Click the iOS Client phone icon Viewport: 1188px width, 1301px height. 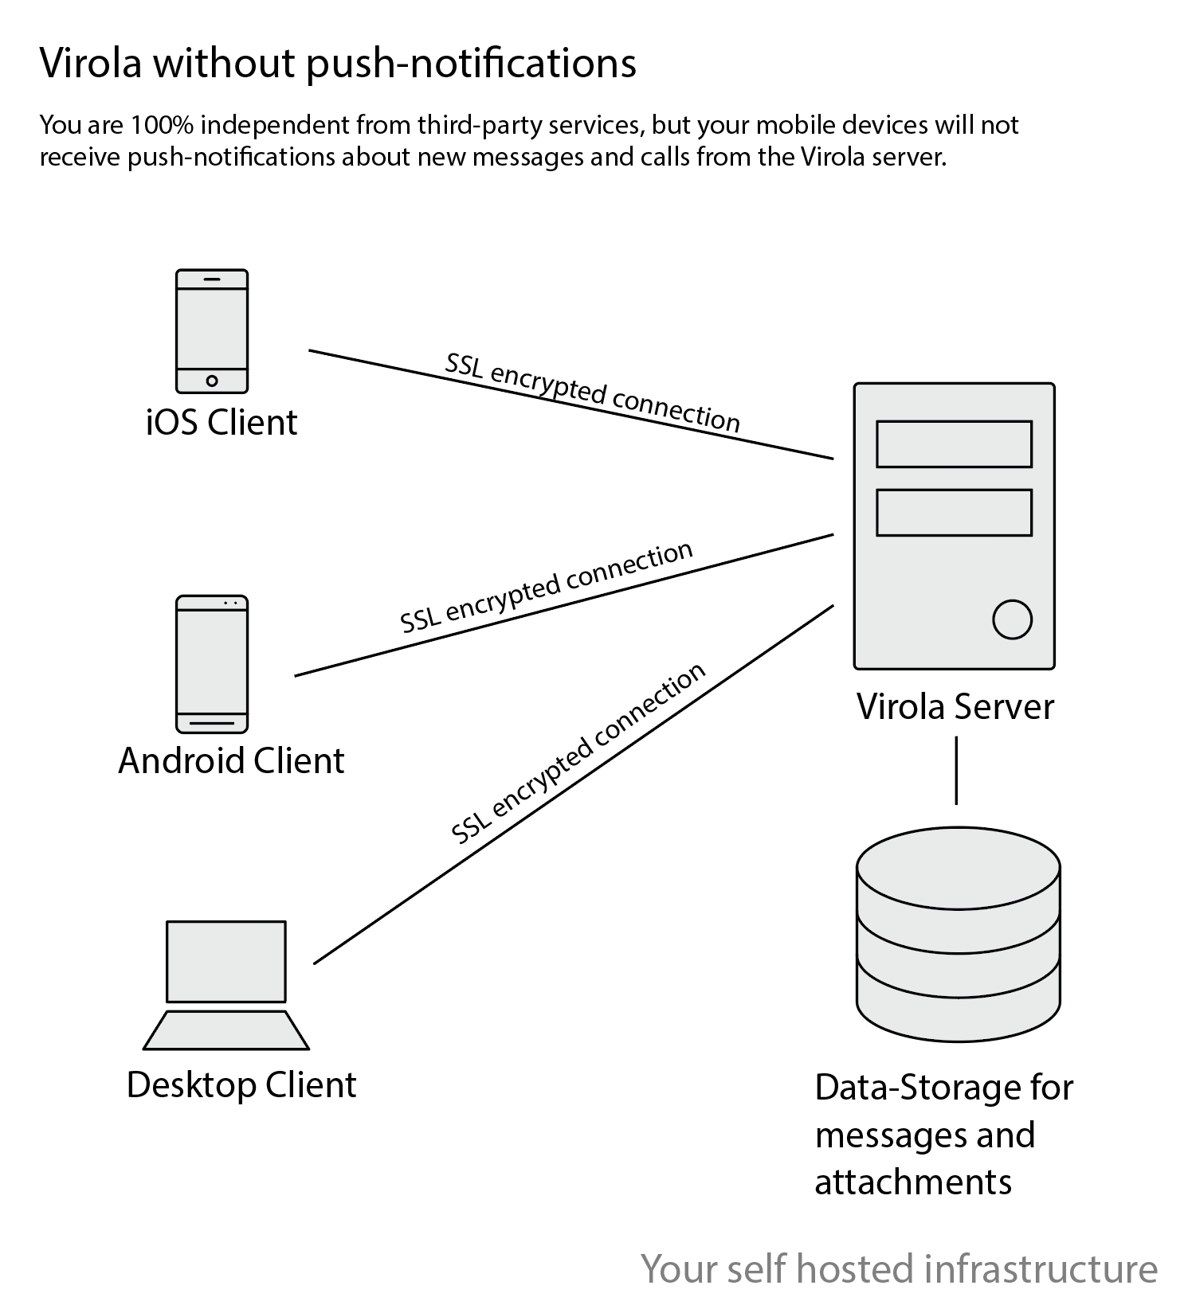tap(211, 330)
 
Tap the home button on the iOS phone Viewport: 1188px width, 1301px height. tap(212, 381)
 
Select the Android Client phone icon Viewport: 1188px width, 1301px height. tap(211, 663)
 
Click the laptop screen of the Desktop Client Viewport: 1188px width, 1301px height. tap(225, 961)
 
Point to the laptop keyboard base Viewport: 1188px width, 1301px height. tap(225, 1030)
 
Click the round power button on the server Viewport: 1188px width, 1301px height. tap(1012, 619)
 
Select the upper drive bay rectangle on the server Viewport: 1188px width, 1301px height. tap(954, 444)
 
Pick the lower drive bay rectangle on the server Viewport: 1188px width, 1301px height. tap(954, 512)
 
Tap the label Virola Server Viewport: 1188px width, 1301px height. tap(955, 707)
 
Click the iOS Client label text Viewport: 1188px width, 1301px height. tap(222, 422)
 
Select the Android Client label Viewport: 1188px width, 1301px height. tap(231, 761)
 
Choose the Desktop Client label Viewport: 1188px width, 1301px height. tap(241, 1085)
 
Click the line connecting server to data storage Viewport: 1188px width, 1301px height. tap(956, 770)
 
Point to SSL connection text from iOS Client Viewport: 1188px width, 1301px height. tap(592, 393)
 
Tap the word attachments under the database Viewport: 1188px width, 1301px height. tap(912, 1182)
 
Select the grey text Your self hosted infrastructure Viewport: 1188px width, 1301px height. tap(899, 1268)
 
